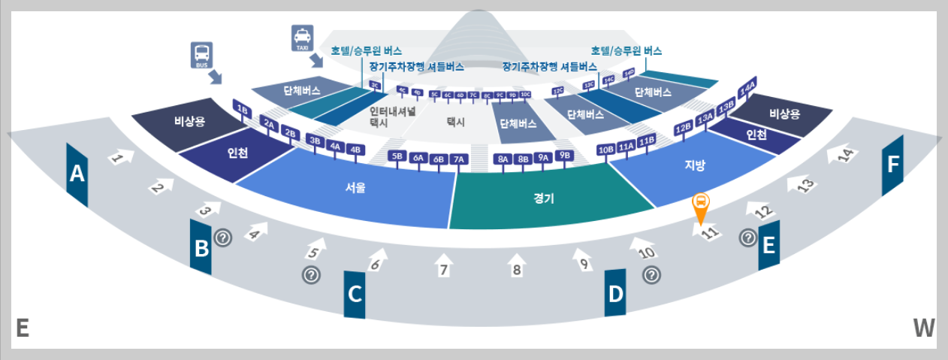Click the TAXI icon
(301, 38)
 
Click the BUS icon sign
(202, 55)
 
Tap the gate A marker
(77, 174)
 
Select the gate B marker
(201, 247)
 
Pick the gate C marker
(355, 295)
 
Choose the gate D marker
(615, 293)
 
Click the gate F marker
(892, 165)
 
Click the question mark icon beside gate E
(747, 238)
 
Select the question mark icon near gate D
(651, 275)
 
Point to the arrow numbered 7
(443, 268)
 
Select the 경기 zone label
(543, 198)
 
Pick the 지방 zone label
(694, 165)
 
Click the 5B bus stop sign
(397, 156)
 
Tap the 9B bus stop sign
(566, 155)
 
